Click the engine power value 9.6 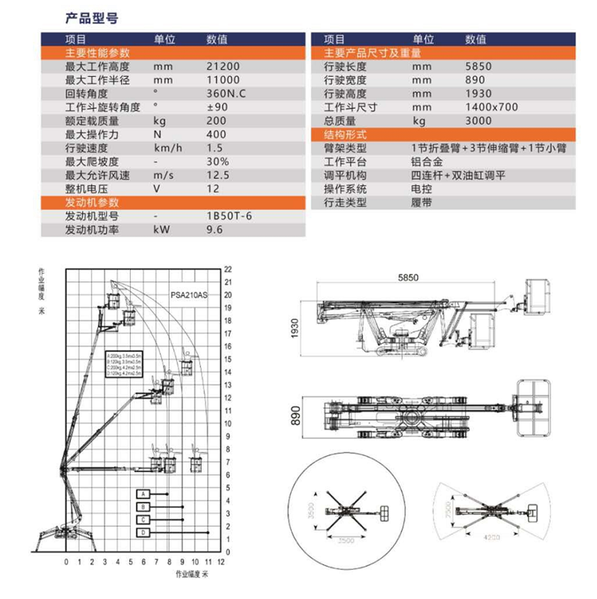pyautogui.click(x=215, y=230)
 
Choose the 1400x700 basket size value pyautogui.click(x=490, y=107)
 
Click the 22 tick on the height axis pyautogui.click(x=229, y=269)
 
